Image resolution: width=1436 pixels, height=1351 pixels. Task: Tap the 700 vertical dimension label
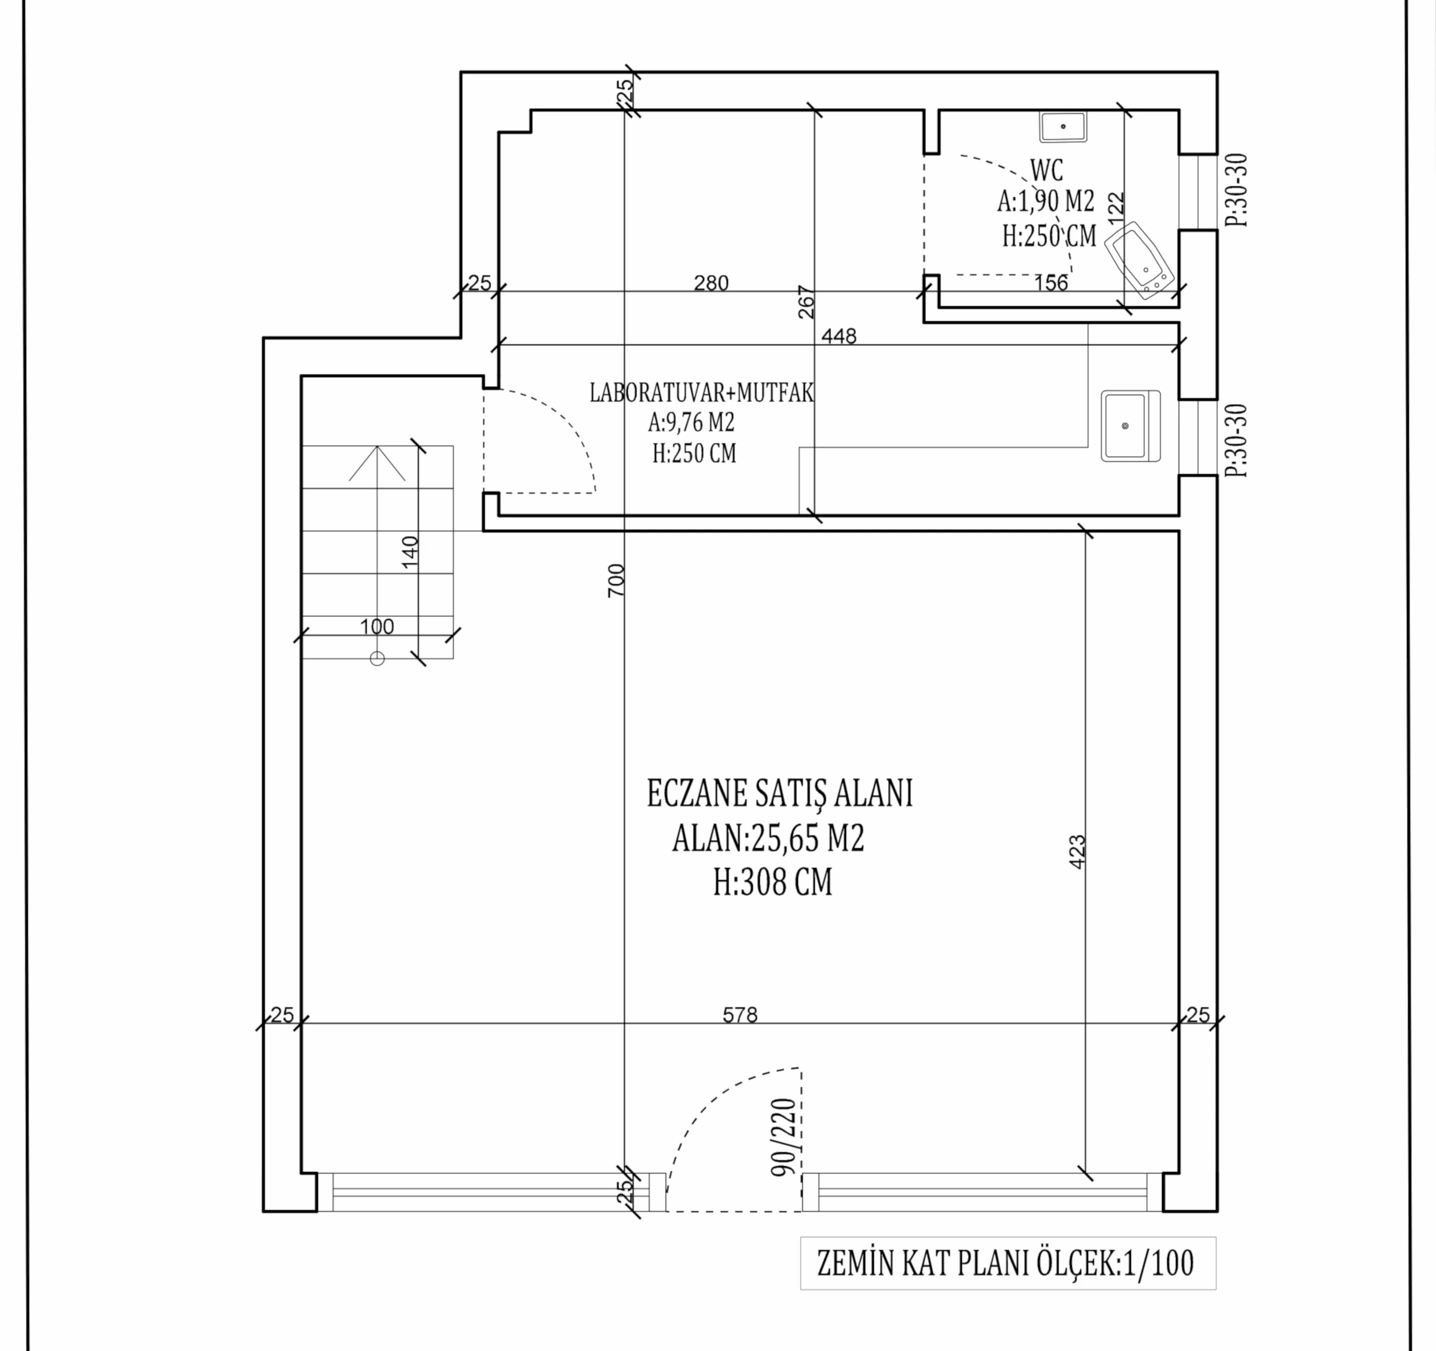pos(616,581)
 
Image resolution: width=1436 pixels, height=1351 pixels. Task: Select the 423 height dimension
pos(1076,852)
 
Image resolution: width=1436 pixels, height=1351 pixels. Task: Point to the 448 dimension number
pos(838,336)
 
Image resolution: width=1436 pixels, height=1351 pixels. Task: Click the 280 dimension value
pos(712,283)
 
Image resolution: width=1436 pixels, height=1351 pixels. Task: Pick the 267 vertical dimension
pos(806,302)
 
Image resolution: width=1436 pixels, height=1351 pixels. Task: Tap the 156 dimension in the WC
pos(1050,283)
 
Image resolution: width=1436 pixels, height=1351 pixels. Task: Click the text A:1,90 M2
pos(1046,202)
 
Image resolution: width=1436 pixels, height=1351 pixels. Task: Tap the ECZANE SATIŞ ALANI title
pos(779,793)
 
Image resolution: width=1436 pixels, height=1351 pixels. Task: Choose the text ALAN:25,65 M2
pos(768,839)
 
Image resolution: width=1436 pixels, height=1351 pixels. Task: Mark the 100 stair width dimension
pos(377,627)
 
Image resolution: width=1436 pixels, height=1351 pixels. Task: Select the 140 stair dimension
pos(409,552)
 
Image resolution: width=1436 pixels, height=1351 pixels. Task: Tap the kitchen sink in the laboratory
pos(1130,426)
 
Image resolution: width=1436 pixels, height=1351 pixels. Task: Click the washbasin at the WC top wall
pos(1063,126)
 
